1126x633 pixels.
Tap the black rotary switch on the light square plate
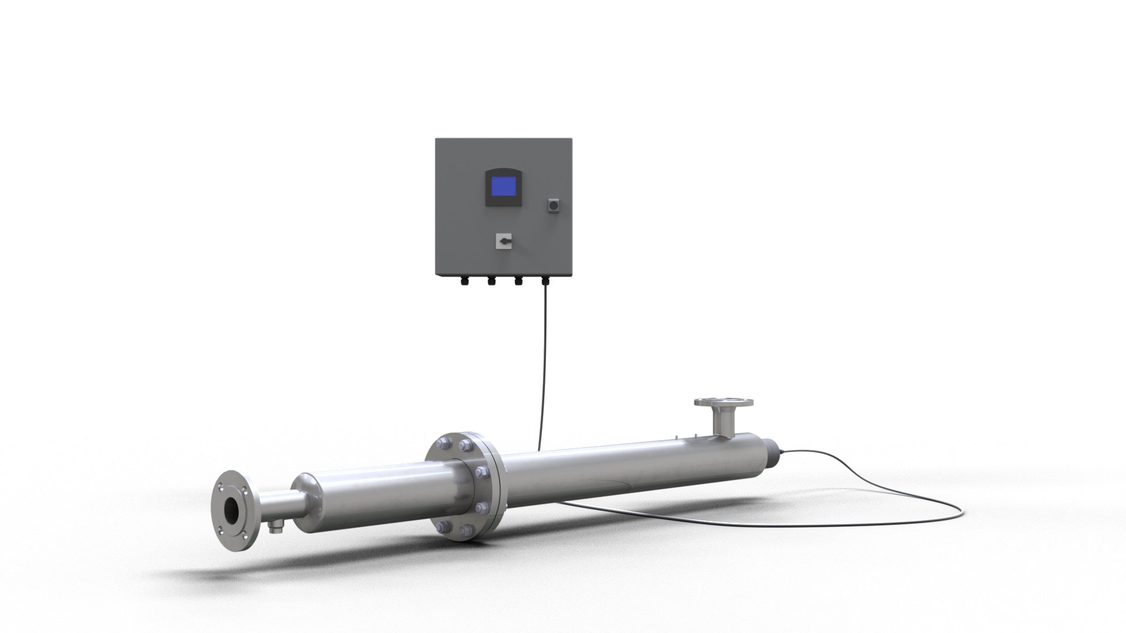click(504, 240)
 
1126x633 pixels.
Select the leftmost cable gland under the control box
click(462, 281)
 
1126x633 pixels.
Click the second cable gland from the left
click(490, 281)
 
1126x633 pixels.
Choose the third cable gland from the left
click(518, 281)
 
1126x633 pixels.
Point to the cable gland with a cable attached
click(545, 281)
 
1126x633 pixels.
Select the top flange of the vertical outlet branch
click(724, 403)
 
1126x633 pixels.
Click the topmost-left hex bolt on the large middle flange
click(444, 444)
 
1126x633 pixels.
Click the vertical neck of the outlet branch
click(723, 420)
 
